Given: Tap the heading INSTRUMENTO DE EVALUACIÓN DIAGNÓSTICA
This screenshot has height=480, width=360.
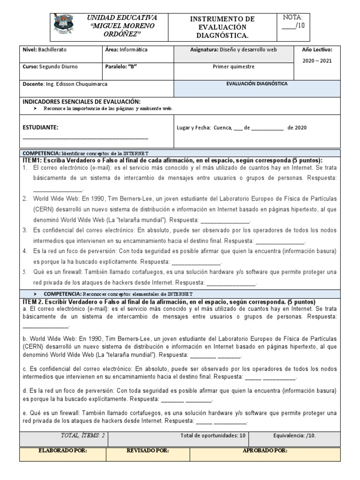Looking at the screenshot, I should click(222, 27).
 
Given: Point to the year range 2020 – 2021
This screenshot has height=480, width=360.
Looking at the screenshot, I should click(317, 61).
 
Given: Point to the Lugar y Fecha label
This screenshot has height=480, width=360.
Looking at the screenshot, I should click(194, 127).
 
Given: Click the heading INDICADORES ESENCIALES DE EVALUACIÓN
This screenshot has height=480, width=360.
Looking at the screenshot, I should click(82, 102).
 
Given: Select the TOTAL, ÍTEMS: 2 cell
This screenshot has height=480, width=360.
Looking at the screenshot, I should click(83, 435).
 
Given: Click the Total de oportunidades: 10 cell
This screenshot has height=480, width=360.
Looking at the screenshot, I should click(213, 435).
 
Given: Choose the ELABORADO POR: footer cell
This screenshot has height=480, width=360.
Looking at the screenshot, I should click(62, 451).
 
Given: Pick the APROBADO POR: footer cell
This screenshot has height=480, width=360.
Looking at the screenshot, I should click(264, 451).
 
